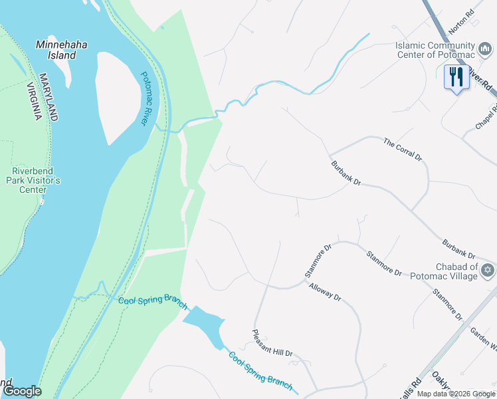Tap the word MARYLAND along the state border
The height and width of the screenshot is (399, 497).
pyautogui.click(x=49, y=97)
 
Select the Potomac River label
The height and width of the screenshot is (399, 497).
pyautogui.click(x=145, y=99)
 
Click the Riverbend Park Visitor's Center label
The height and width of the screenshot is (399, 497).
pyautogui.click(x=34, y=180)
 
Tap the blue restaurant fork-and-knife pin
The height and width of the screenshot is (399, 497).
pyautogui.click(x=456, y=77)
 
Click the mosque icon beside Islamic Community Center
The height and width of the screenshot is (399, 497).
pyautogui.click(x=486, y=49)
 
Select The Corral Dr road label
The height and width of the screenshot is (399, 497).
pyautogui.click(x=403, y=150)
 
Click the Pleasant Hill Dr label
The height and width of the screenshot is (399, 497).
pyautogui.click(x=272, y=344)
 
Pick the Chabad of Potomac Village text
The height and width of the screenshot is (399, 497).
pyautogui.click(x=444, y=271)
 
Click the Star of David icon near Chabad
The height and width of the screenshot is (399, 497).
pyautogui.click(x=487, y=270)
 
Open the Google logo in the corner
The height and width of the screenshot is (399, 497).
pyautogui.click(x=22, y=391)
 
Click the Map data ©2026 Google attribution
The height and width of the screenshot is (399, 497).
pyautogui.click(x=455, y=394)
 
